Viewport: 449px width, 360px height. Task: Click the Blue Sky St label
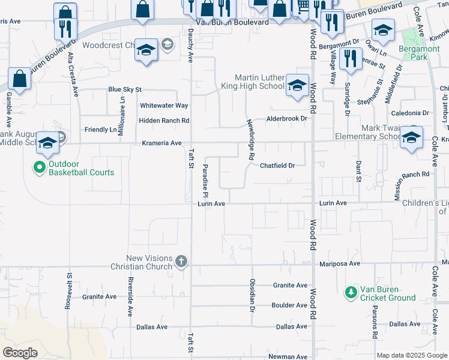[124, 89]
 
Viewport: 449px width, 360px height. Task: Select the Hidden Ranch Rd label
[164, 121]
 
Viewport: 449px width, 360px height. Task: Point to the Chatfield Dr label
[277, 166]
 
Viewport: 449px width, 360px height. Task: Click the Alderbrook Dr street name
[287, 119]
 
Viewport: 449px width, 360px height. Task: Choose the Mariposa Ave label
[338, 263]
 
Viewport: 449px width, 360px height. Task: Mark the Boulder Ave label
[289, 305]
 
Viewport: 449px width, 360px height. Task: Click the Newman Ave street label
[288, 356]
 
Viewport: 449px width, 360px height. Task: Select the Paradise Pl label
[205, 181]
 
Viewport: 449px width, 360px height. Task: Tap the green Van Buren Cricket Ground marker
[351, 293]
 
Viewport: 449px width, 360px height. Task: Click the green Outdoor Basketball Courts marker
[40, 167]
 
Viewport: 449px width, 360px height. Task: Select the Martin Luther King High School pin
[297, 85]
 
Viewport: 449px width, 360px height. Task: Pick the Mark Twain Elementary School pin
[411, 137]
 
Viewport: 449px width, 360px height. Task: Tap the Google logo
[20, 353]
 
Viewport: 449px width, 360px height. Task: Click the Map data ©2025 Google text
[411, 355]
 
